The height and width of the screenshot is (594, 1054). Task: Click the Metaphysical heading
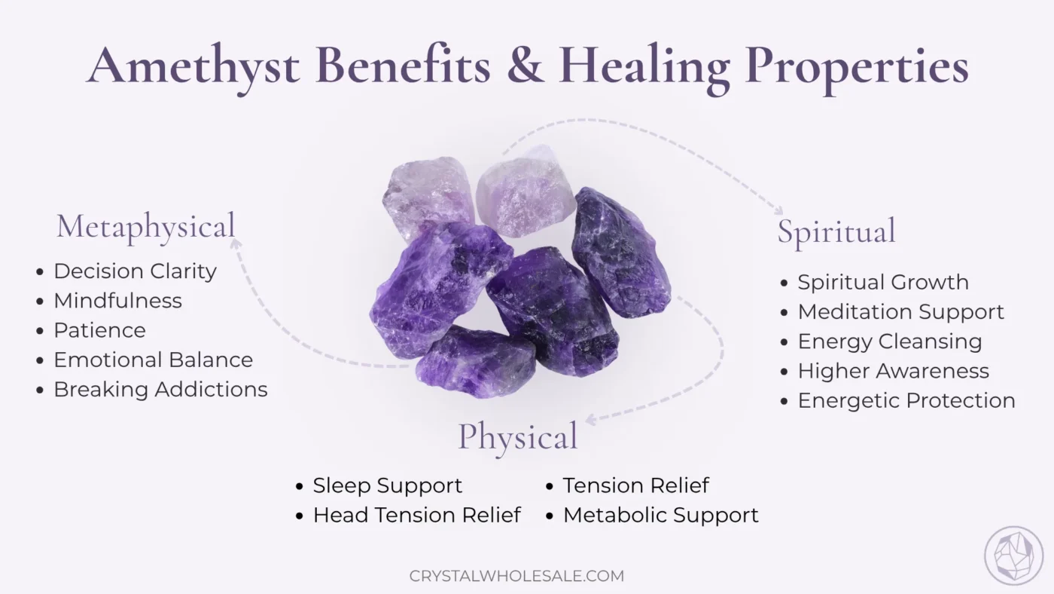(146, 226)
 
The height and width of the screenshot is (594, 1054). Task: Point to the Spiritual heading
(836, 231)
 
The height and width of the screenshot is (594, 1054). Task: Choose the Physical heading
(518, 436)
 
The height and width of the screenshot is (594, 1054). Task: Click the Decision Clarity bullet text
(135, 271)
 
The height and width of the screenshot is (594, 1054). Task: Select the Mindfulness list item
(117, 301)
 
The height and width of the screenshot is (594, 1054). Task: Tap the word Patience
(99, 330)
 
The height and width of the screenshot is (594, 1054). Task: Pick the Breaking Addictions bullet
(160, 390)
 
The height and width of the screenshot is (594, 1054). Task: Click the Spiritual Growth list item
(883, 283)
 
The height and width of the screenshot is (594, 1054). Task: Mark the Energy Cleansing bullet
(890, 341)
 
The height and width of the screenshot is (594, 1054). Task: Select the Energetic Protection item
(906, 401)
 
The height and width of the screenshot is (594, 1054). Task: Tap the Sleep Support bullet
(388, 486)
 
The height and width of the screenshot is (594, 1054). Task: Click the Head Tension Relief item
(417, 516)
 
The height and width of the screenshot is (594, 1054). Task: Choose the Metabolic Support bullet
(661, 516)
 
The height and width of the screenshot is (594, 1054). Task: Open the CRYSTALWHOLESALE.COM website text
(517, 576)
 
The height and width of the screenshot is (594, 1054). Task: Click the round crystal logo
(1013, 556)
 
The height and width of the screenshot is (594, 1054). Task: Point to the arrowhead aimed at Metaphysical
(236, 243)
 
